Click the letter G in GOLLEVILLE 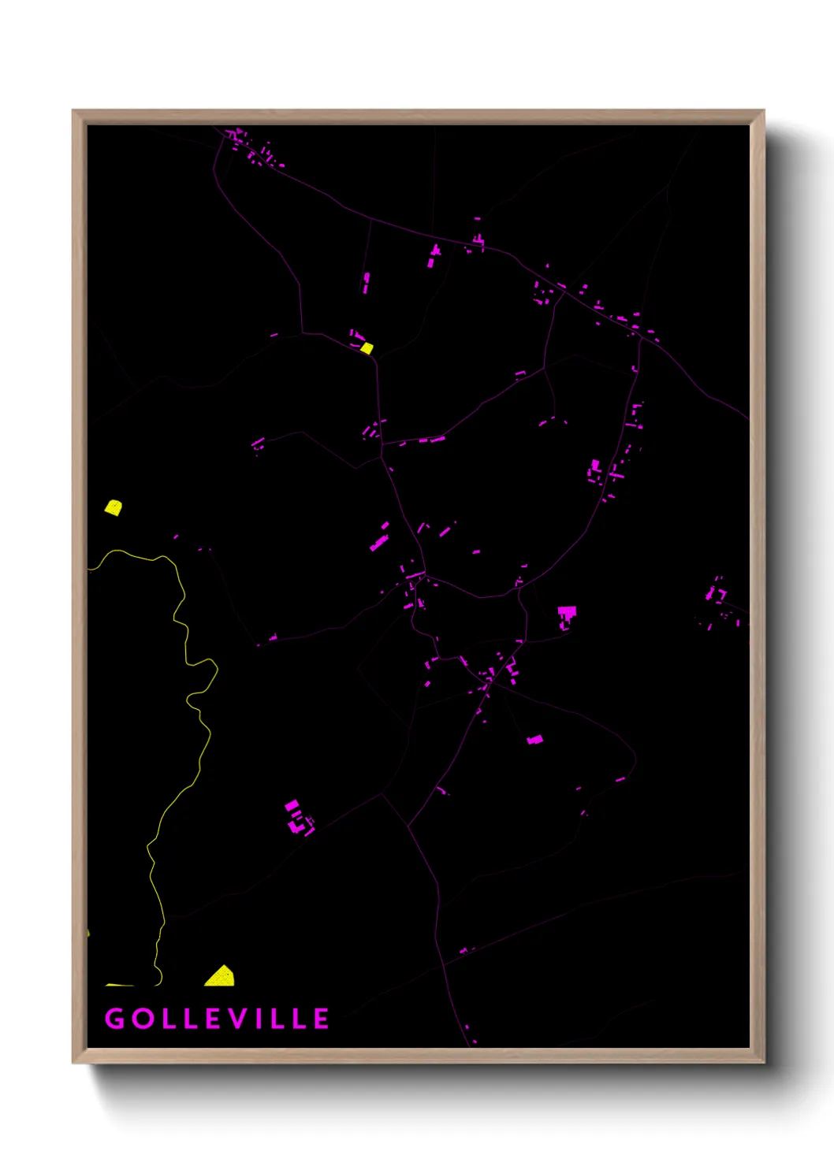coord(114,1019)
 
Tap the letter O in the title coord(143,1019)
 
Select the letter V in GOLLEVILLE coord(240,1019)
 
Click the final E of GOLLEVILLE coord(322,1019)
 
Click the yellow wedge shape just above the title coord(221,977)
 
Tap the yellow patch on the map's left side coord(114,507)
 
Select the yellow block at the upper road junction coord(367,347)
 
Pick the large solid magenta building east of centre coord(567,614)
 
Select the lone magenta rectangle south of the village coord(534,740)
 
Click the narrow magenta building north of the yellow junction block coord(366,282)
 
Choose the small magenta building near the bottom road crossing coord(464,951)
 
